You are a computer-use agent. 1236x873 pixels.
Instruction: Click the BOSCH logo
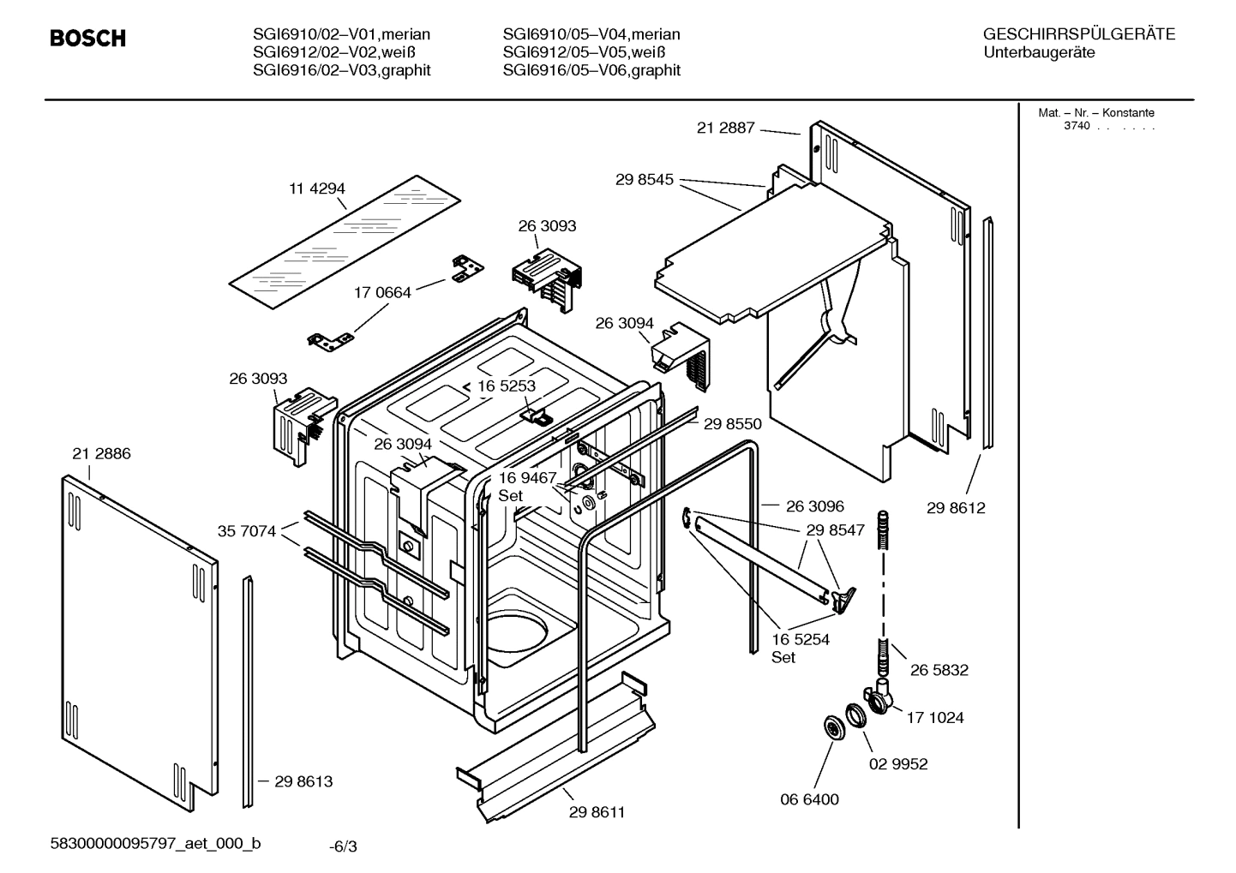click(x=87, y=39)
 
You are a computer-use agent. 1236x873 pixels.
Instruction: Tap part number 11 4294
click(x=317, y=188)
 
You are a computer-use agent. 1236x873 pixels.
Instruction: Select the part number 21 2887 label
click(x=725, y=128)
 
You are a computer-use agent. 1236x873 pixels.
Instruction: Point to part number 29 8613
click(x=303, y=781)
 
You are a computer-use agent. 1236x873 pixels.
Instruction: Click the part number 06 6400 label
click(x=809, y=799)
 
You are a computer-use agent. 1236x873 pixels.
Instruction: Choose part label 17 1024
click(x=934, y=718)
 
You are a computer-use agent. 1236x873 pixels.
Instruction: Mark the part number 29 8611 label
click(x=597, y=812)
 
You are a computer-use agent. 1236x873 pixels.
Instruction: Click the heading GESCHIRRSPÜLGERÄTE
click(x=1078, y=34)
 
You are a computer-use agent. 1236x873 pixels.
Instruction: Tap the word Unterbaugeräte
click(x=1039, y=52)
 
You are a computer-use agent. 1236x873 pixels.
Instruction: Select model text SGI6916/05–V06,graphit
click(x=591, y=70)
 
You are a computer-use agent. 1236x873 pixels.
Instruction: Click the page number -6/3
click(x=343, y=846)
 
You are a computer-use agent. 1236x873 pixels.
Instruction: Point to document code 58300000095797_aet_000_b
click(x=155, y=843)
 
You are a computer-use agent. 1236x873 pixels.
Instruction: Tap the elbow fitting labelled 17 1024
click(x=879, y=698)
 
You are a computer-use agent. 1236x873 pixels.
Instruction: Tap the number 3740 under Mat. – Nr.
click(x=1077, y=126)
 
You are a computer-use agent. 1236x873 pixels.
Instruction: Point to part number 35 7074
click(x=247, y=532)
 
